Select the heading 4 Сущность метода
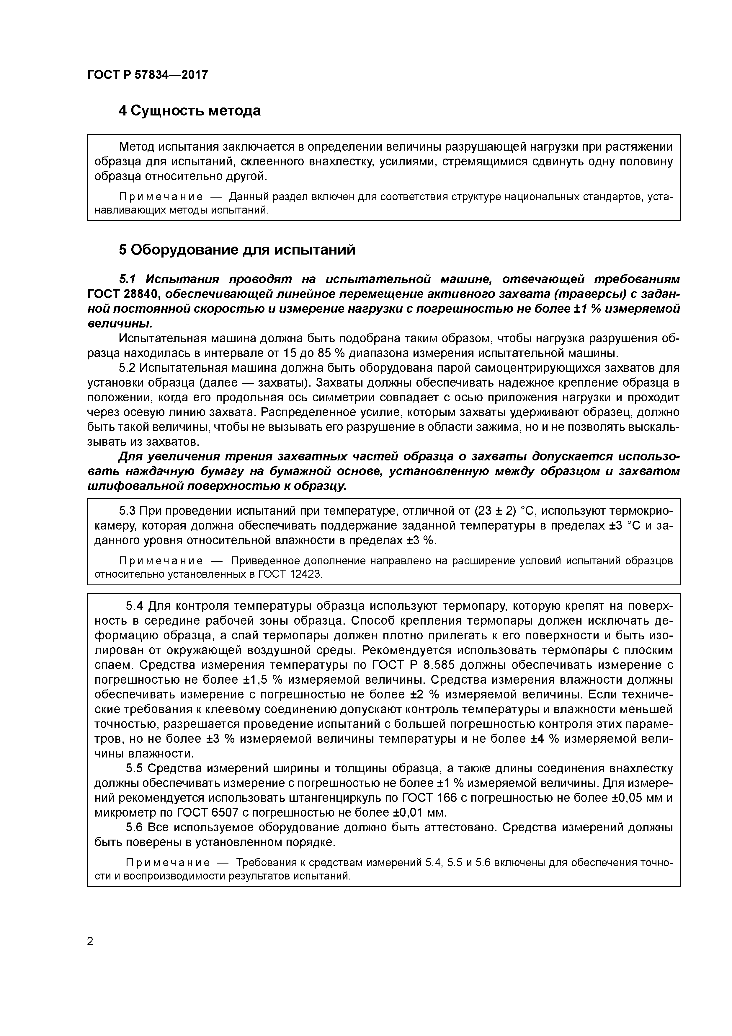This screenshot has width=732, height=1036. [189, 110]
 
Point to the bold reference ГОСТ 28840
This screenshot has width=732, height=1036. [123, 294]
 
